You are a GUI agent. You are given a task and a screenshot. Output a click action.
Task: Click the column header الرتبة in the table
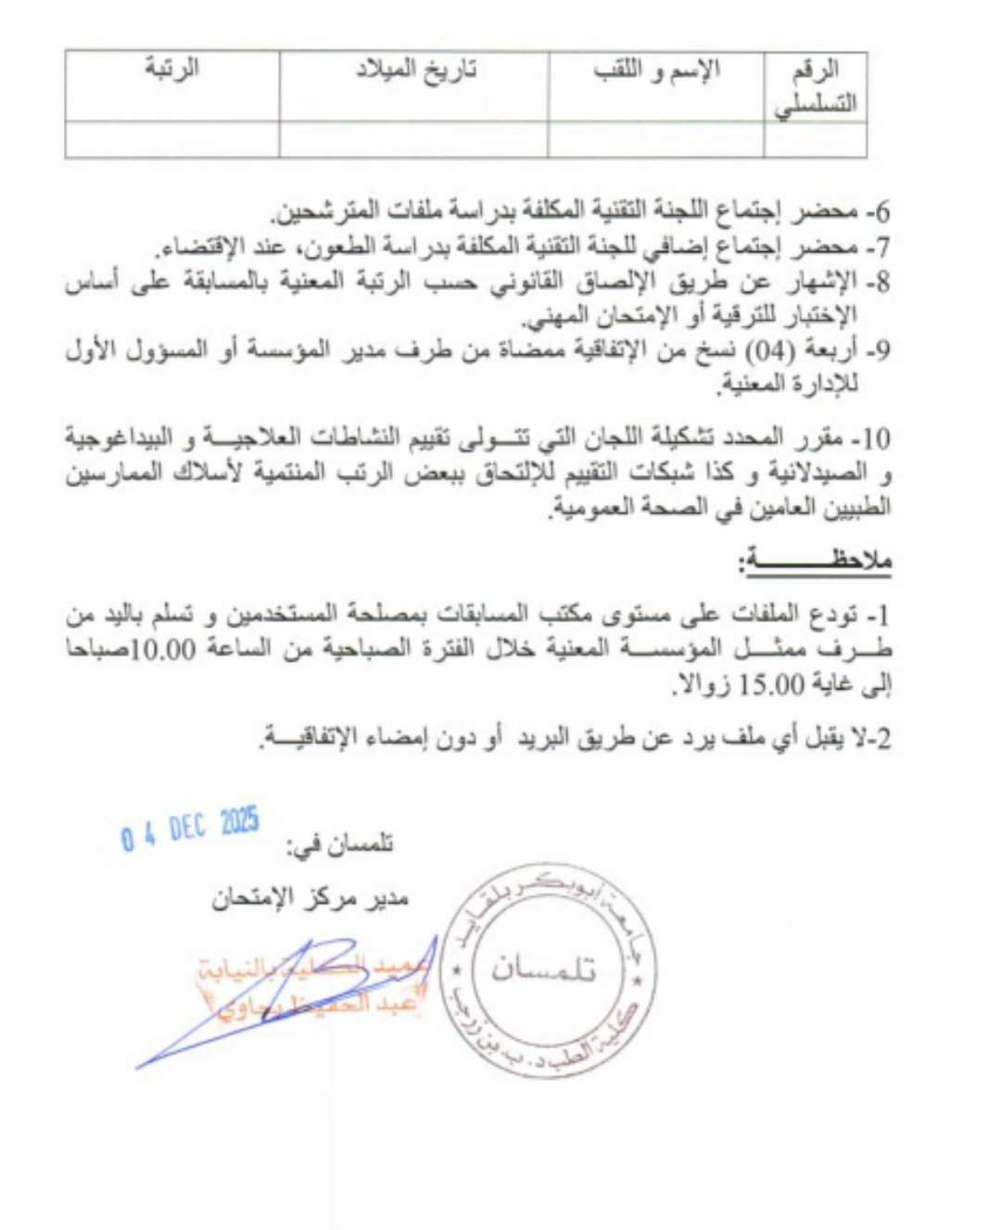click(x=172, y=69)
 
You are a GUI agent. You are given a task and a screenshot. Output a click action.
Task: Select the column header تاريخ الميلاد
click(x=416, y=70)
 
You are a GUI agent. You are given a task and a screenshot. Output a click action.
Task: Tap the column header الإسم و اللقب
click(x=657, y=70)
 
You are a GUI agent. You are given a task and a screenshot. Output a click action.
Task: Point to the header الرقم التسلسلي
click(x=816, y=86)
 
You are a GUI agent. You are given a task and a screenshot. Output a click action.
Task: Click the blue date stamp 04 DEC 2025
click(x=190, y=829)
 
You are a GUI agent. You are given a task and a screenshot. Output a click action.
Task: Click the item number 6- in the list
click(x=877, y=212)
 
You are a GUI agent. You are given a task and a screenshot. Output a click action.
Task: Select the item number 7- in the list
click(x=877, y=247)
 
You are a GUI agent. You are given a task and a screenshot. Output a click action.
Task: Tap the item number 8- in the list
click(x=877, y=281)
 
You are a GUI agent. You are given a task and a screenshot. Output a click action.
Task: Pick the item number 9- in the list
click(x=877, y=350)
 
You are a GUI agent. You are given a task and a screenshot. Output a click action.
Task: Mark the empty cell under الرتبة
click(x=172, y=140)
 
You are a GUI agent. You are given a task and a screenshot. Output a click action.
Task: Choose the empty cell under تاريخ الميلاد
click(x=413, y=140)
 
